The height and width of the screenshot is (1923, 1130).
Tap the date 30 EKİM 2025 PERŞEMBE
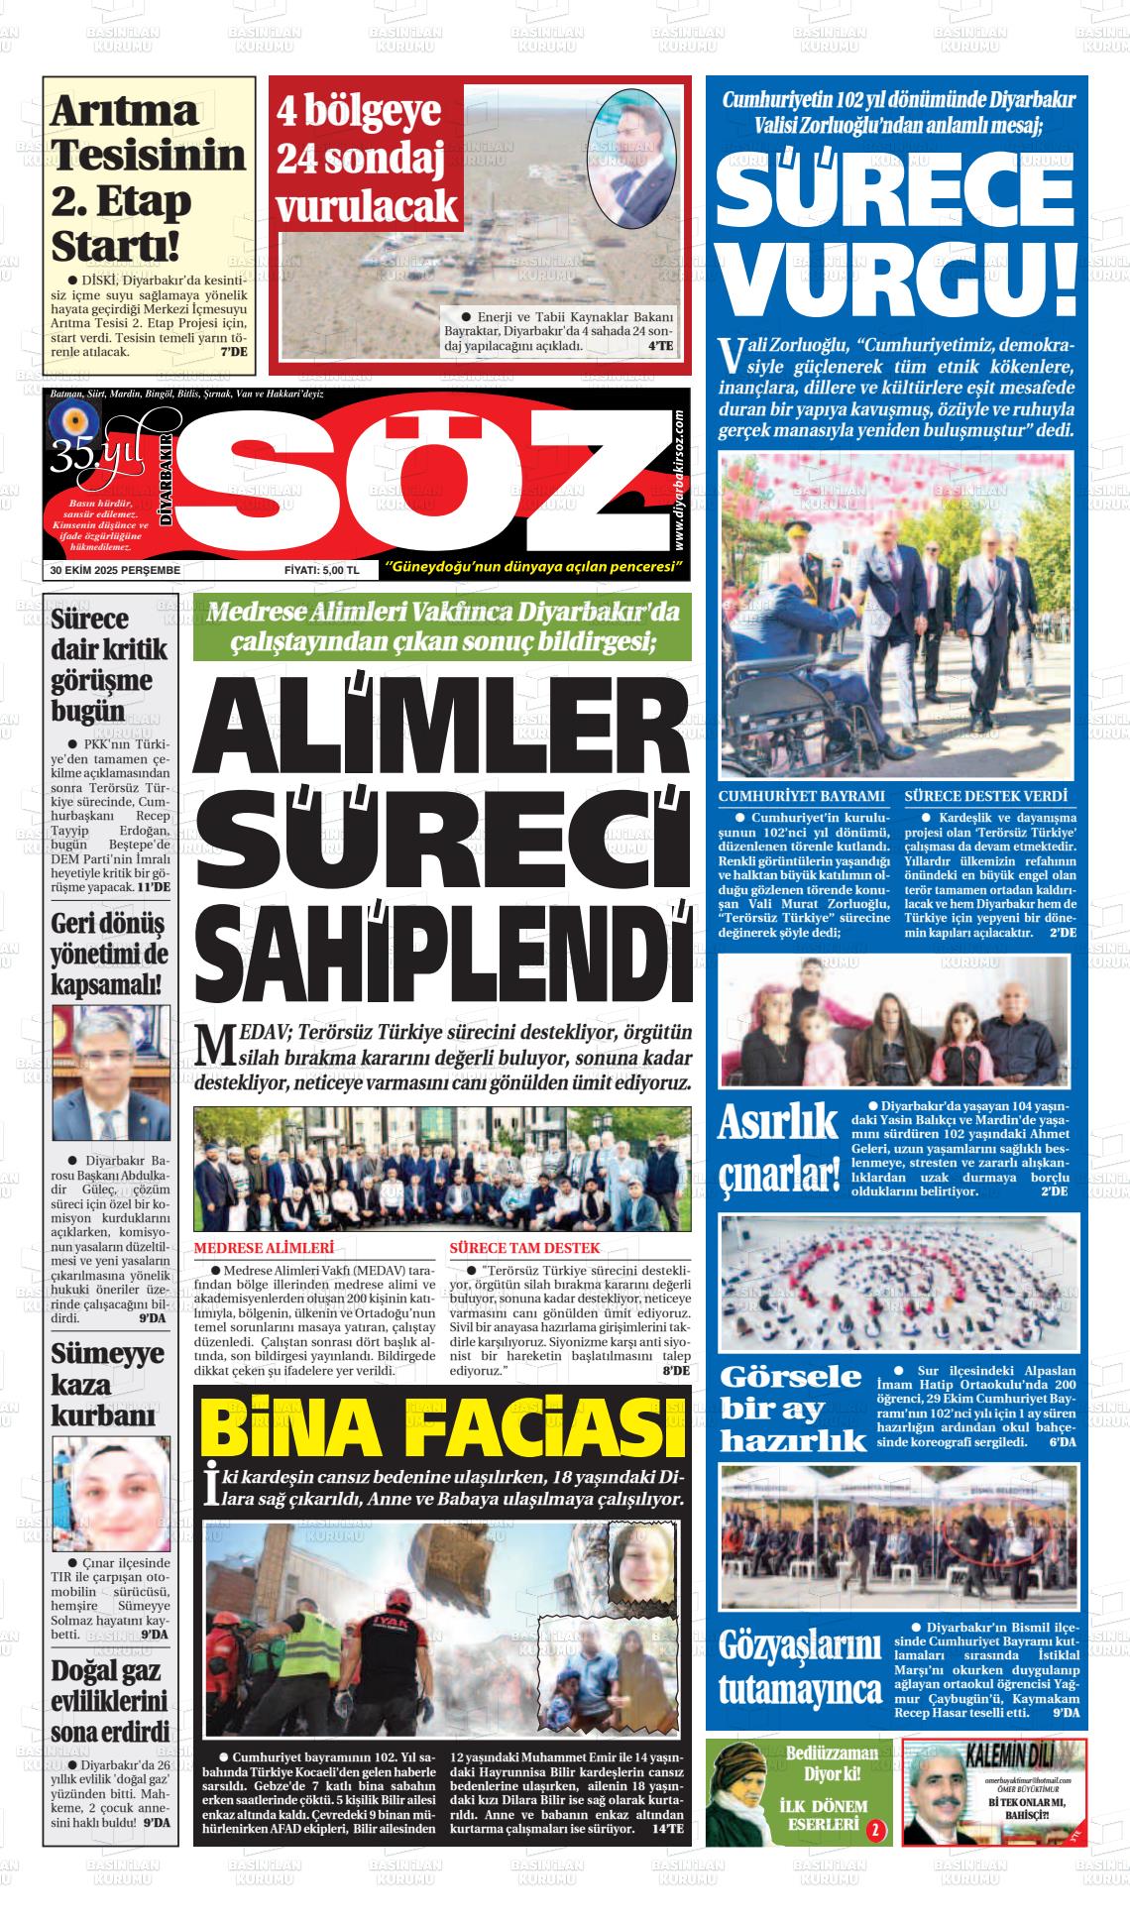(x=115, y=570)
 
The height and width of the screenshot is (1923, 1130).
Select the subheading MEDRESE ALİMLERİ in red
(x=264, y=1248)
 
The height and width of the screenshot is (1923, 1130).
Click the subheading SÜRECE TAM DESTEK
(x=524, y=1248)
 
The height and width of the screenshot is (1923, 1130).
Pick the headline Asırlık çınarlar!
(x=778, y=1149)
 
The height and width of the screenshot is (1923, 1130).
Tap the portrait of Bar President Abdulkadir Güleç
(x=110, y=1073)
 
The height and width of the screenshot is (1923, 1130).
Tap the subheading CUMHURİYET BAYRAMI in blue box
(x=801, y=796)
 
